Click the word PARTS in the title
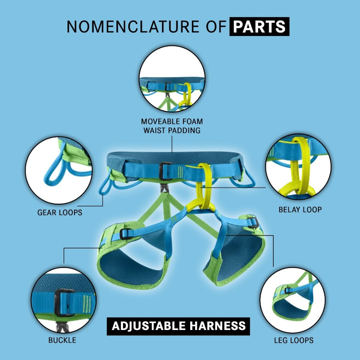[259, 27]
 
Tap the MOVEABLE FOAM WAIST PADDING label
[172, 126]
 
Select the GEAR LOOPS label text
[60, 212]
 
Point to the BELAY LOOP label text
[300, 210]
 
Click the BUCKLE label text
[62, 340]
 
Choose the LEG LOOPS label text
[294, 340]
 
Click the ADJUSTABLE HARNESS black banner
[178, 326]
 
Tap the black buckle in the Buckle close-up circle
[64, 303]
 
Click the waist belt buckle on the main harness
[166, 171]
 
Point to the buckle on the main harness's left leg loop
[126, 234]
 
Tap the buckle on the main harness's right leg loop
[253, 222]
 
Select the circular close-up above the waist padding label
[172, 79]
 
